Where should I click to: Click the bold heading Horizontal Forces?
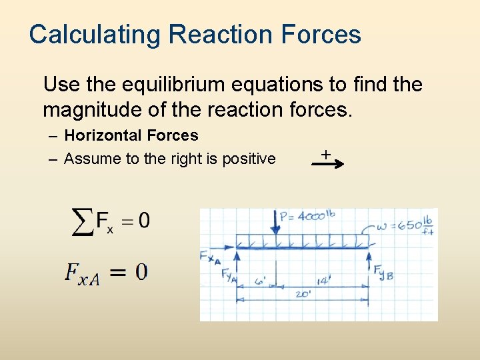(131, 135)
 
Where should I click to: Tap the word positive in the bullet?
(247, 159)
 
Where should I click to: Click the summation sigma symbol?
(82, 221)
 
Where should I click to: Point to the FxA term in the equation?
(82, 273)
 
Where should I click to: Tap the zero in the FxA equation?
(141, 272)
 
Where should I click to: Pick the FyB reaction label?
(383, 272)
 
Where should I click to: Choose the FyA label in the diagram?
(229, 275)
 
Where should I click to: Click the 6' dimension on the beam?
(261, 282)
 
